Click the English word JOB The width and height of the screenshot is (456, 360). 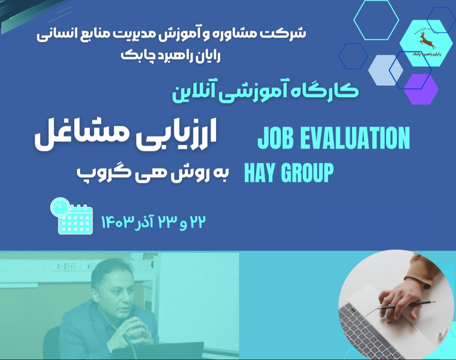pos(278,138)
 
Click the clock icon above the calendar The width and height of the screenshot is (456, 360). pos(60,207)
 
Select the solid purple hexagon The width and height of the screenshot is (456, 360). pos(421,89)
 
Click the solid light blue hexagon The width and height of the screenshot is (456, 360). pos(385,70)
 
